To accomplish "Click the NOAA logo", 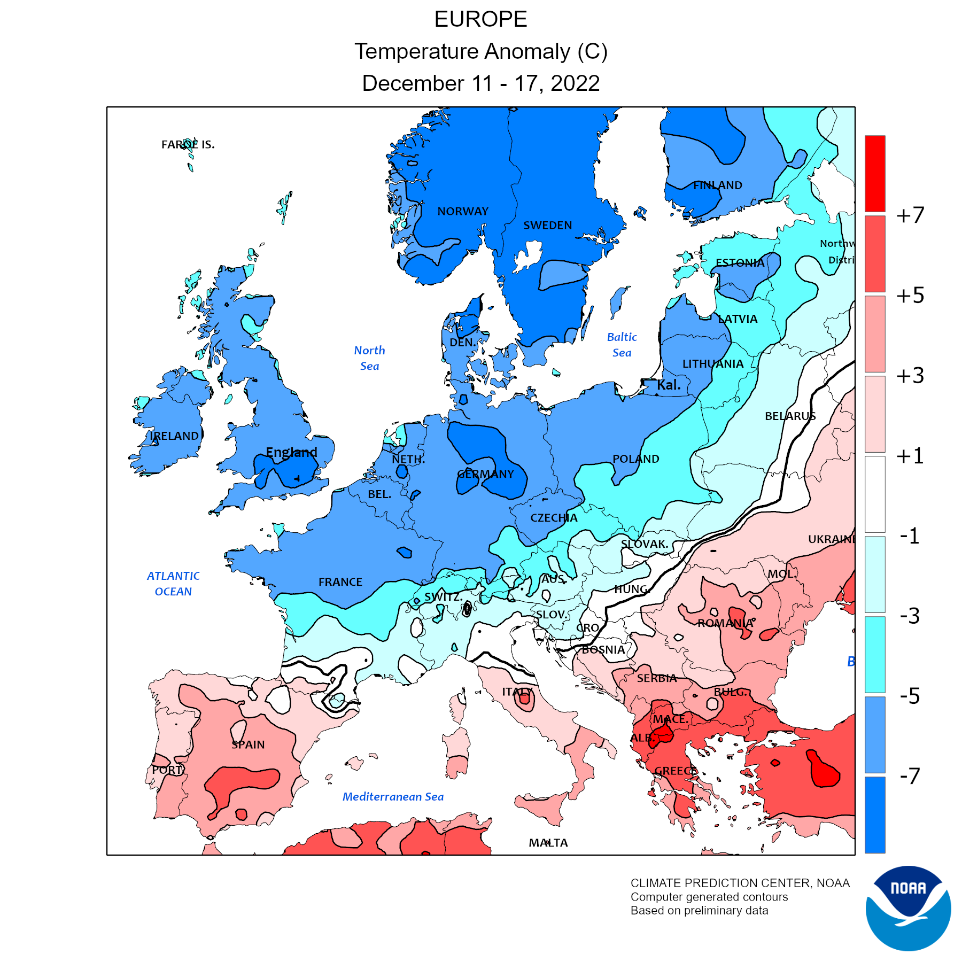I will tap(908, 908).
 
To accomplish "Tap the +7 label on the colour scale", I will tap(910, 215).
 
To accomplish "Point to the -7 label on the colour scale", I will tap(910, 775).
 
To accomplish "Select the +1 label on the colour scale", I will tap(910, 456).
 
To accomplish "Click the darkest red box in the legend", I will tap(875, 174).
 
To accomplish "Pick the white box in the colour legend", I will tap(875, 494).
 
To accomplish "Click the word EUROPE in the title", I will tap(480, 20).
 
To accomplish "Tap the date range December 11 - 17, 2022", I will tap(480, 83).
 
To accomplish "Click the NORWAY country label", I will tap(463, 212).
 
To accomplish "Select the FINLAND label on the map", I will tap(718, 185).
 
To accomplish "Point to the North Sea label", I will tap(369, 358).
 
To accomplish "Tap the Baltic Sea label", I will tap(622, 345).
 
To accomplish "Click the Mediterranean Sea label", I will tap(393, 797).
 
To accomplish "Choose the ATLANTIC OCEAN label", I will tap(173, 584).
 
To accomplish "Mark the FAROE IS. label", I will tap(188, 144).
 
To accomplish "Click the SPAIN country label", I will tap(248, 744).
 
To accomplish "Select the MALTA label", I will tap(548, 843).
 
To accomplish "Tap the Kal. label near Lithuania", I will tap(669, 385).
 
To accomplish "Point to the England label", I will tap(291, 452).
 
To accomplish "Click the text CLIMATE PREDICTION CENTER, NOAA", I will tap(740, 883).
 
